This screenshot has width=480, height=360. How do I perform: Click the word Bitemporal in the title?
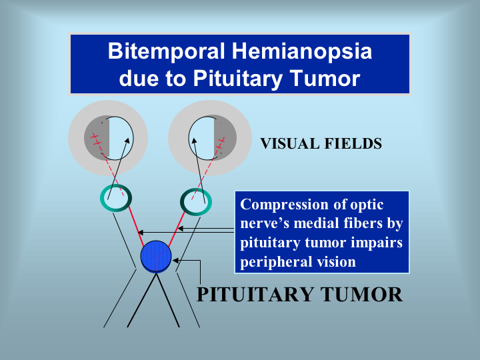(167, 51)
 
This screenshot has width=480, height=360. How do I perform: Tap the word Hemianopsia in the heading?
(302, 51)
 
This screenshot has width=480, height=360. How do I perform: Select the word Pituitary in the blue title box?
(237, 79)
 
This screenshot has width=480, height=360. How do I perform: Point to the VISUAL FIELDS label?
(321, 143)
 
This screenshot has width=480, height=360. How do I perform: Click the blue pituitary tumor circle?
(156, 257)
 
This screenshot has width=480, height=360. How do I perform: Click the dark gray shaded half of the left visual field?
(97, 137)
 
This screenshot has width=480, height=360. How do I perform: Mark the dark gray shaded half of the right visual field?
(225, 137)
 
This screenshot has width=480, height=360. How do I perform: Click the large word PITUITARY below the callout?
(255, 295)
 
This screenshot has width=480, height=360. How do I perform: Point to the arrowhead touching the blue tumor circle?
(175, 261)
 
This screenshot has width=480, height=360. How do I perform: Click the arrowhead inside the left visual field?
(127, 140)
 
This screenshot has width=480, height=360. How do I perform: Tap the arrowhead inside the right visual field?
(193, 141)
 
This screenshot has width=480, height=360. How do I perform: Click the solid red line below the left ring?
(136, 226)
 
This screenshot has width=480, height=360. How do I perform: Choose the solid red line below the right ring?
(177, 229)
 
